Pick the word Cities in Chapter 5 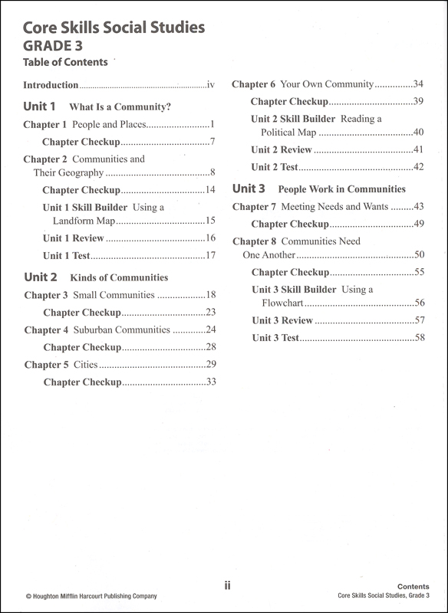point(85,365)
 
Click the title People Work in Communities point(341,188)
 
